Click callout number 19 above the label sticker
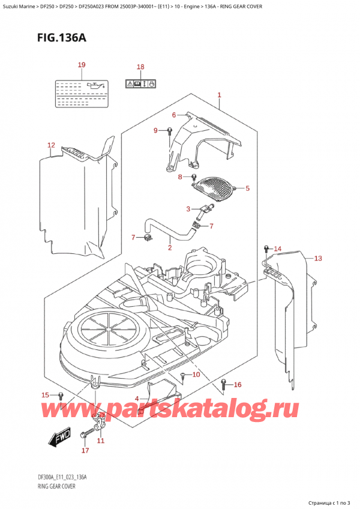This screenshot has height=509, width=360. (82, 65)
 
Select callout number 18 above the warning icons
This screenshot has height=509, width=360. (140, 67)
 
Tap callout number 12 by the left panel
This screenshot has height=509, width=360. (51, 145)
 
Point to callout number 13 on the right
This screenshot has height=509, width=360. (317, 259)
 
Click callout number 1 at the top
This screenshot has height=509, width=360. (220, 95)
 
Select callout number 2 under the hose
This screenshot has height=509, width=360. (170, 247)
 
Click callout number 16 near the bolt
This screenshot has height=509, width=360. (238, 385)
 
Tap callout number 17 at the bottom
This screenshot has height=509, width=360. (85, 450)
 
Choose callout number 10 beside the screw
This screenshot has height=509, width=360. (196, 375)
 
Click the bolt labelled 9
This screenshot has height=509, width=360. (170, 131)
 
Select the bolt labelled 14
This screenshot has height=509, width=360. (266, 248)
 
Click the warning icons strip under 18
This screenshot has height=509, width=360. (141, 83)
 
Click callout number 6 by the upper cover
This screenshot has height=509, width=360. (174, 115)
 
